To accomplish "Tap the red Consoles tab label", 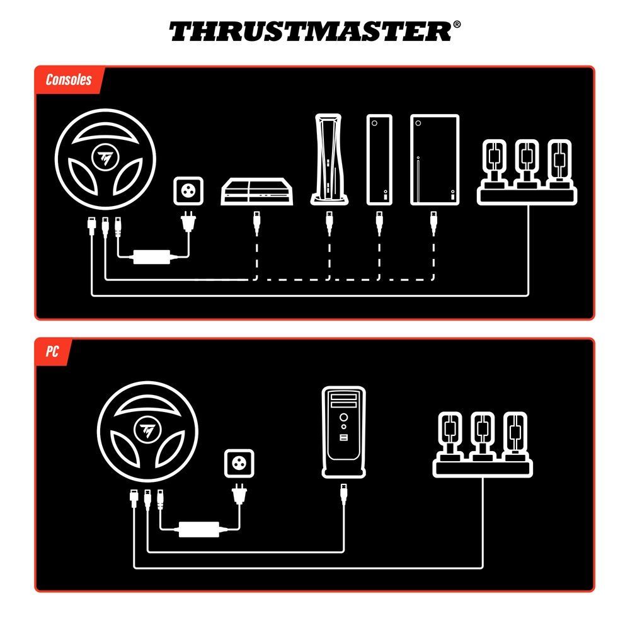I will (x=68, y=80).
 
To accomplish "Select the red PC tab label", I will (x=52, y=352).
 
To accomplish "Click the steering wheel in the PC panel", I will (x=149, y=432).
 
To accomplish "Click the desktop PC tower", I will (x=343, y=432).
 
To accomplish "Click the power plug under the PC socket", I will (x=239, y=495).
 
